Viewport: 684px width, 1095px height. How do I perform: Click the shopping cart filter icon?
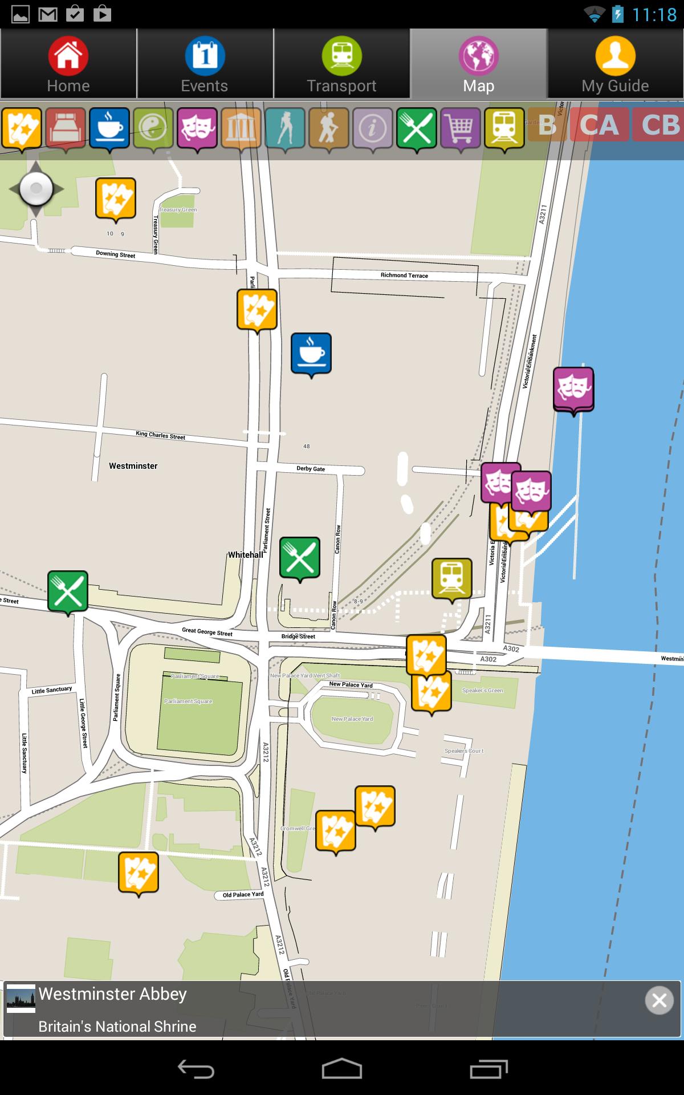461,128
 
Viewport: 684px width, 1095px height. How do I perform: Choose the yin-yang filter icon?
153,128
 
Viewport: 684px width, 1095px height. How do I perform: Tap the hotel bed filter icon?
66,128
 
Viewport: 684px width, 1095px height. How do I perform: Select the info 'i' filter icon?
373,128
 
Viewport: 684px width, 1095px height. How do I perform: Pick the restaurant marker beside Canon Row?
300,557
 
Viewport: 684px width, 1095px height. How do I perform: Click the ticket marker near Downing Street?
116,198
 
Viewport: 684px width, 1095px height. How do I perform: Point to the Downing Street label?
116,254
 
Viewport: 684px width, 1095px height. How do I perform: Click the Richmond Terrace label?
404,275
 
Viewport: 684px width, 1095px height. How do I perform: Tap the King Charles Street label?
161,435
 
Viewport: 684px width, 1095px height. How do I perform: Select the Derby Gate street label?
311,469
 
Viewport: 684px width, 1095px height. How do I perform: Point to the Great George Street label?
207,631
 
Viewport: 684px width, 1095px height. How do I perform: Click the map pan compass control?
36,189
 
